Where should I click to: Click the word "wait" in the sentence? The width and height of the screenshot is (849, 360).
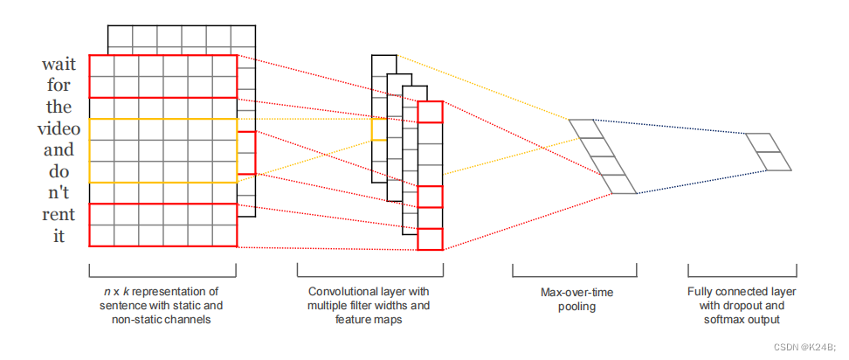tap(58, 65)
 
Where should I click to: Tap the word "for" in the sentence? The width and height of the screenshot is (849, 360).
tap(59, 86)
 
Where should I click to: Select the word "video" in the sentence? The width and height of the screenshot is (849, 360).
tap(59, 128)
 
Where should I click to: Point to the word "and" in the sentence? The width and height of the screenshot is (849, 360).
tap(59, 149)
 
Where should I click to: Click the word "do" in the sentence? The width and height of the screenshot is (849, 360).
tap(59, 171)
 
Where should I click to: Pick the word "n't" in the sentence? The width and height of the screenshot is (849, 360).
tap(59, 193)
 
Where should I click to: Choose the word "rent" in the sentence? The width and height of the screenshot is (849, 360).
tap(59, 214)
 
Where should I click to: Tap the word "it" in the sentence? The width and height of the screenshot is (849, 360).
tap(59, 236)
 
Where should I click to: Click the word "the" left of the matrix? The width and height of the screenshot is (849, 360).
tap(59, 107)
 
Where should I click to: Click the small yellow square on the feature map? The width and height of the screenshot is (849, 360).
tap(378, 129)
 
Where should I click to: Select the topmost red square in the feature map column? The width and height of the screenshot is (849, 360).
tap(430, 112)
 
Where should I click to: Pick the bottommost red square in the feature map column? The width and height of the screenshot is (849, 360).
tap(430, 239)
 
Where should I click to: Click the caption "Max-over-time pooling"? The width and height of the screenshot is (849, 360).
tap(574, 299)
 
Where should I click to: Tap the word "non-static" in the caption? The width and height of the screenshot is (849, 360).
tap(139, 320)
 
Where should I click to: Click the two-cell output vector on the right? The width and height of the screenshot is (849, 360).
tap(769, 151)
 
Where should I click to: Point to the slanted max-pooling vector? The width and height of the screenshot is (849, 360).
tap(604, 156)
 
